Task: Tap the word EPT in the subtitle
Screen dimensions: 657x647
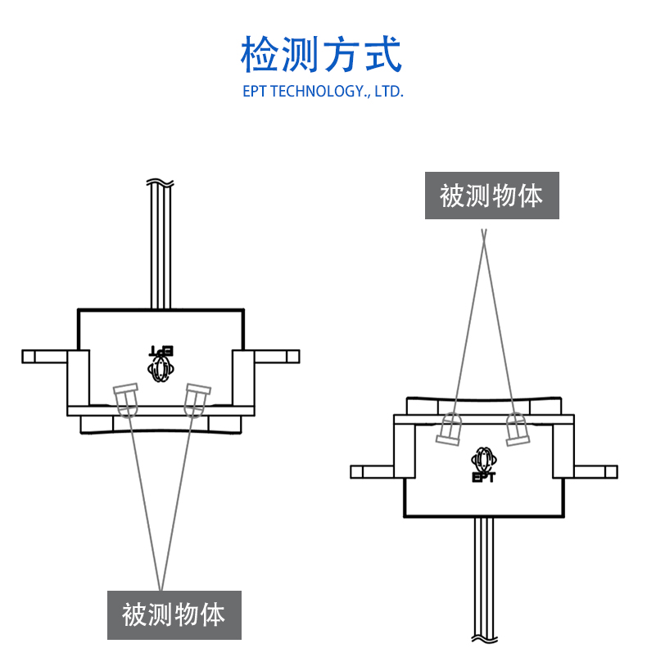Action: [x=254, y=91]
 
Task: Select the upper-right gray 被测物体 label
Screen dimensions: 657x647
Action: [x=491, y=196]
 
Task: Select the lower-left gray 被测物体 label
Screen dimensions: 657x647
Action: [x=174, y=614]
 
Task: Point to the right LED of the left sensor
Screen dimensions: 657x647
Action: [x=195, y=399]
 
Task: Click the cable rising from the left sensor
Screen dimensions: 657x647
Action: [x=160, y=245]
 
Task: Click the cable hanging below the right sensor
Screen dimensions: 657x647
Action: [x=484, y=581]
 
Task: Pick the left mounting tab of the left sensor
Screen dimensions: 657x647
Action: [x=44, y=356]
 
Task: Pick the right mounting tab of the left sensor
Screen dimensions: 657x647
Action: [x=277, y=356]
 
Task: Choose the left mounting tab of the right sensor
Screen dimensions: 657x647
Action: [x=373, y=471]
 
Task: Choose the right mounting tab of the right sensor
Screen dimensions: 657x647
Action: [x=595, y=471]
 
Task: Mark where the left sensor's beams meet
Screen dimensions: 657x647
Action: [x=161, y=586]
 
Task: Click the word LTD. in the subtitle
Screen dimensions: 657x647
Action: [x=390, y=91]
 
